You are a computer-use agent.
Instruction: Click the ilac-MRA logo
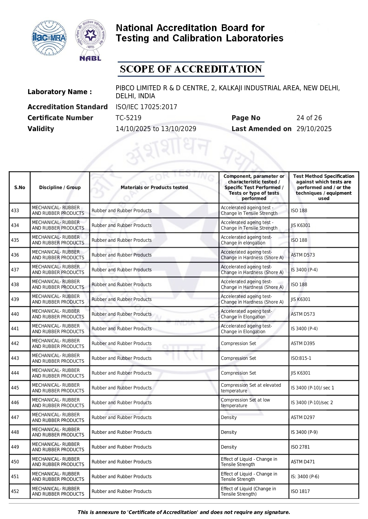pos(49,38)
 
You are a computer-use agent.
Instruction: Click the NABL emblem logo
pos(90,40)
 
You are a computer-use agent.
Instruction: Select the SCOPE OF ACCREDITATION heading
pos(191,69)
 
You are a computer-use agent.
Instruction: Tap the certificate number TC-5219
pos(128,118)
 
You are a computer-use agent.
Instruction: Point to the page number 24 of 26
pos(309,118)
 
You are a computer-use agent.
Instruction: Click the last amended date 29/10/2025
pos(314,129)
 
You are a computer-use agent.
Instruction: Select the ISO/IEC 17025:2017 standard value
pos(146,107)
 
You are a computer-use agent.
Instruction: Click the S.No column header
pos(20,187)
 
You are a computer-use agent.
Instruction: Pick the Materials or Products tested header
pos(154,187)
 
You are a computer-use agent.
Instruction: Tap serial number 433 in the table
pos(15,210)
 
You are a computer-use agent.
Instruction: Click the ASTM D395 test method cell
pos(303,343)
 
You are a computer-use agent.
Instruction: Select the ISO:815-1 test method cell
pos(301,358)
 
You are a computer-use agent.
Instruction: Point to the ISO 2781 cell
pos(300,447)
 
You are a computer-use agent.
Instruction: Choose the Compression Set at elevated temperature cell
pos(251,388)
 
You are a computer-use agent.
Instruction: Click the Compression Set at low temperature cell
pos(246,402)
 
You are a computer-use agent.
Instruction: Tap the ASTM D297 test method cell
pos(303,417)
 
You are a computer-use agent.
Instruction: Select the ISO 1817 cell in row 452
pos(300,491)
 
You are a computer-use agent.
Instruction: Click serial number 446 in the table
pos(15,402)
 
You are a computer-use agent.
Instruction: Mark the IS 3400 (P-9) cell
pos(304,432)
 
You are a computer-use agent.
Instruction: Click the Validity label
pos(41,129)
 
